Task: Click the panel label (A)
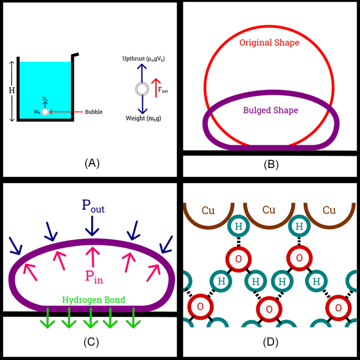pos(90,163)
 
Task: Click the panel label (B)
pos(270,163)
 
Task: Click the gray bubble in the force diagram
pos(142,89)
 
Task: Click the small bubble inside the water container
pos(44,112)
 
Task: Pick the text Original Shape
pos(269,43)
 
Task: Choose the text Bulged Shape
pos(270,111)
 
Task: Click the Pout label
pos(92,205)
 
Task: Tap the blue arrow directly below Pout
pos(92,226)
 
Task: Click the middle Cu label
pos(270,211)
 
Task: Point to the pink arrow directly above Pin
pos(92,255)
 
